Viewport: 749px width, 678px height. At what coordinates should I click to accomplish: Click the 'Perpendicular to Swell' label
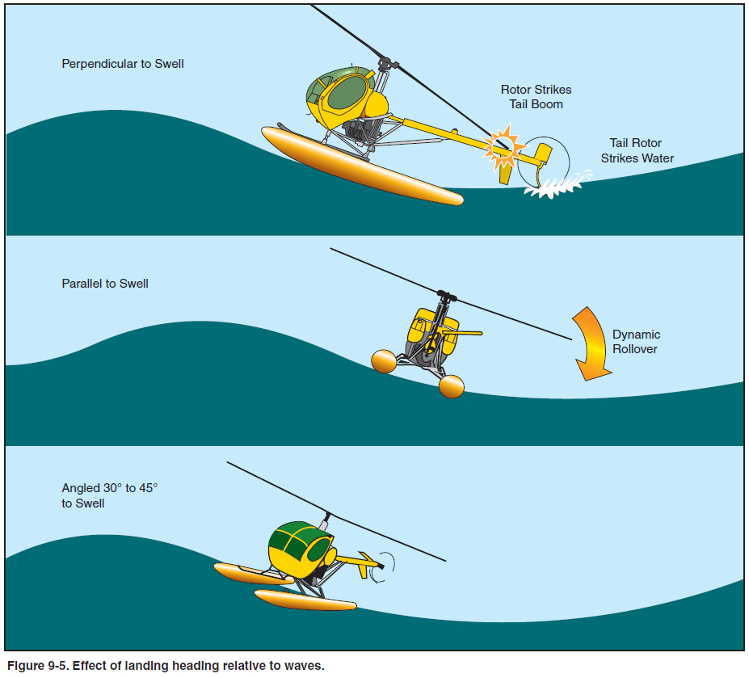pos(123,63)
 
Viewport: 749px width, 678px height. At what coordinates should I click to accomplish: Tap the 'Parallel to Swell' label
pos(105,284)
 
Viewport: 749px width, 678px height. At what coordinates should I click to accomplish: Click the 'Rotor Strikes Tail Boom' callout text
pos(536,97)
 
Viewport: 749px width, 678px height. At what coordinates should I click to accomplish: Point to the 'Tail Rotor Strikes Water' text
pos(637,150)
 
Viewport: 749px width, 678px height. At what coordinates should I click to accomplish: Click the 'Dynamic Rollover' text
pos(636,342)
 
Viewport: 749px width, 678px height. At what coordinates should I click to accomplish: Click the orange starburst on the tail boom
pos(503,145)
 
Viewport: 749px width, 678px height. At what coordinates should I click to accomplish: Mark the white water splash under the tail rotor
pos(553,187)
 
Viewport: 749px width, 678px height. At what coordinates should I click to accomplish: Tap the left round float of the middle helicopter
pos(384,360)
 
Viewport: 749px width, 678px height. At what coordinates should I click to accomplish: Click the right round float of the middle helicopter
pos(452,386)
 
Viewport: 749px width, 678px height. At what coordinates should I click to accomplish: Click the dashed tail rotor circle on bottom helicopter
pos(385,563)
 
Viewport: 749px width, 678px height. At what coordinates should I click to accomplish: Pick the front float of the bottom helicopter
pos(305,600)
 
